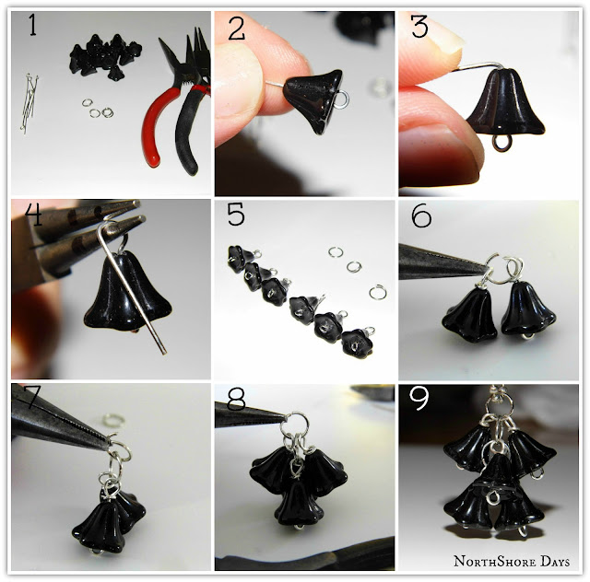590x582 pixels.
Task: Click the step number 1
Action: point(33,25)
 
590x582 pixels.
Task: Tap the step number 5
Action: point(236,215)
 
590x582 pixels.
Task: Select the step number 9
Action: point(419,399)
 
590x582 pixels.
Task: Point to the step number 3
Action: point(419,27)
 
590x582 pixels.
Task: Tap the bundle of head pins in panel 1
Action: point(29,102)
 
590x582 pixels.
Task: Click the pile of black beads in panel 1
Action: point(104,56)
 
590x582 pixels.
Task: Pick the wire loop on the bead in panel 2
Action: point(342,100)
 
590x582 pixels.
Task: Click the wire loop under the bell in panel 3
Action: point(501,144)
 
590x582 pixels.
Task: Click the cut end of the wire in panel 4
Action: point(164,353)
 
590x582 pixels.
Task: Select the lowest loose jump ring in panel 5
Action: point(377,293)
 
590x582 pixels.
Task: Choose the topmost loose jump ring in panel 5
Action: point(336,252)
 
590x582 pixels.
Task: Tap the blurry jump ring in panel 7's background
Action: point(113,420)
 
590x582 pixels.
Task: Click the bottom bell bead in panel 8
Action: point(299,504)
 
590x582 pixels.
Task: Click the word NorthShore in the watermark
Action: point(495,562)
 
